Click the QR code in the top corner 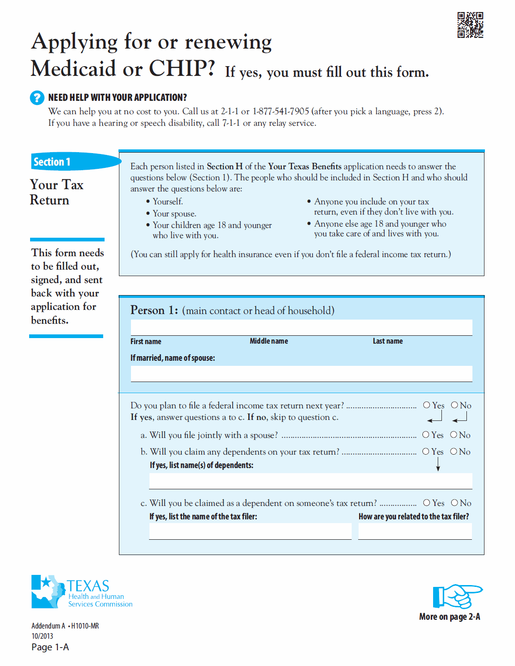coord(470,25)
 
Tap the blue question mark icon coord(37,98)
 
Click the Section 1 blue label coord(52,162)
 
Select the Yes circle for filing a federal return coord(427,405)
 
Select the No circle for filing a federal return coord(454,405)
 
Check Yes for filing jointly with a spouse coord(426,435)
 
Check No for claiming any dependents coord(453,451)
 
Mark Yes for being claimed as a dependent coord(427,503)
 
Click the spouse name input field coord(301,374)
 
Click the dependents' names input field coord(310,481)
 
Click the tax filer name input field coord(250,531)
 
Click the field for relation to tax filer coord(415,531)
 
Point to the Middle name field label coord(269,341)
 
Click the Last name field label coord(388,341)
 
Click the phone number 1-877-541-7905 coord(280,111)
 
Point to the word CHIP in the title coord(182,68)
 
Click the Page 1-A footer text coord(50,647)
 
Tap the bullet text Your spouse coord(174,214)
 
